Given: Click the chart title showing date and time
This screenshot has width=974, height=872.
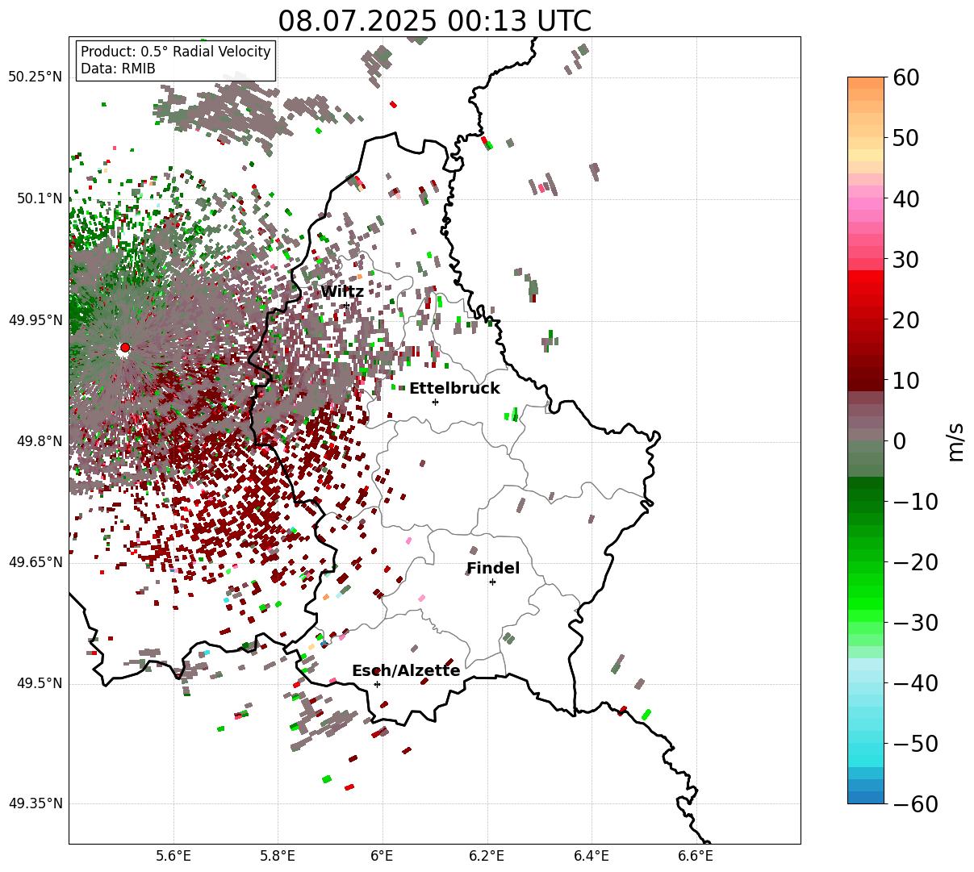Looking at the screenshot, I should [x=434, y=21].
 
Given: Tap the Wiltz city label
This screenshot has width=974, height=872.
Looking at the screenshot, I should [x=342, y=292].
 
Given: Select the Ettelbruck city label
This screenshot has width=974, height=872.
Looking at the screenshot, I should [x=454, y=389].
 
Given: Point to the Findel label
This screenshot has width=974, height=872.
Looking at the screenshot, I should [x=493, y=569].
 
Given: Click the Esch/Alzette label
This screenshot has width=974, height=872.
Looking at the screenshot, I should [x=406, y=671].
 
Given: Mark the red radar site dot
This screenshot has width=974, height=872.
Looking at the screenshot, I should [x=124, y=348].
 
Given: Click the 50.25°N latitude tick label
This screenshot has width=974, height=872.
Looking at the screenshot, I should [x=35, y=77].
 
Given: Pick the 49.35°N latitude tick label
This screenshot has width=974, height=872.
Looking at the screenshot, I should [x=35, y=804].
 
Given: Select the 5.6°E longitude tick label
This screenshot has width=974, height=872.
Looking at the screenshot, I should [x=173, y=855].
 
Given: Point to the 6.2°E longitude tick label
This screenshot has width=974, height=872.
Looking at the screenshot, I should [x=487, y=855].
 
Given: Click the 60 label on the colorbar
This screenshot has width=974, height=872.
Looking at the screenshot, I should [x=913, y=78].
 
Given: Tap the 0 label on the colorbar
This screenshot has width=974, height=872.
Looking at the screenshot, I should [x=899, y=442].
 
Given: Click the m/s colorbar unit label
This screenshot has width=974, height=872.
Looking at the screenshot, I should [x=955, y=442].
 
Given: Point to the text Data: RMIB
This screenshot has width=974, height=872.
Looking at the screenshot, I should [x=118, y=69].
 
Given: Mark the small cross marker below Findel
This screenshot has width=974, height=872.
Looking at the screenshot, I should [x=492, y=582].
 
